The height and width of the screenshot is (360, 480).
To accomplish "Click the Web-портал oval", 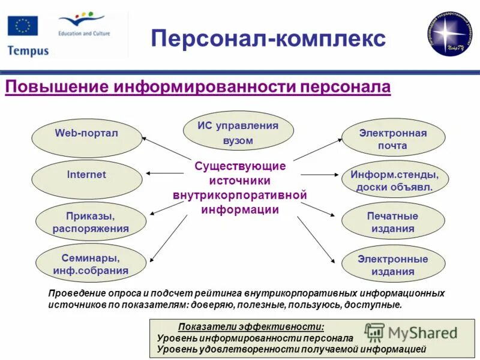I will pos(86,133).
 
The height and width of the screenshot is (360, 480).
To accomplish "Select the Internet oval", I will pos(86,175).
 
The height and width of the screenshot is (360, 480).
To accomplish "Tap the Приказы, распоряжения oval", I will pos(90,222).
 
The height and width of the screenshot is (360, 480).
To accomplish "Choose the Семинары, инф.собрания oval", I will pos(90,264).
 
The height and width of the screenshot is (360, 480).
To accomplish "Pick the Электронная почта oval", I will pos(393,139).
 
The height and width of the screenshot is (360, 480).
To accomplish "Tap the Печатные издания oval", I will pos(393,222).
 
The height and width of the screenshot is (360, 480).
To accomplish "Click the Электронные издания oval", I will pos(393,265).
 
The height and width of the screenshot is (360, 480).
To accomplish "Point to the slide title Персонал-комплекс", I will pos(268,38).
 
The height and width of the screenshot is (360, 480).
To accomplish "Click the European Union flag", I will pos(23,26).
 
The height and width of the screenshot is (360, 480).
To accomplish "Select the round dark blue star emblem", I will pos(451,34).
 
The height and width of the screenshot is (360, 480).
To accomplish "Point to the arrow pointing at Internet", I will pos(164,174).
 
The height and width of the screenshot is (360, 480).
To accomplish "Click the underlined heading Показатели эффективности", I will pos(251,327).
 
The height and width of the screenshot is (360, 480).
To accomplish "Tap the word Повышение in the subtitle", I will pos(58,88).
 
